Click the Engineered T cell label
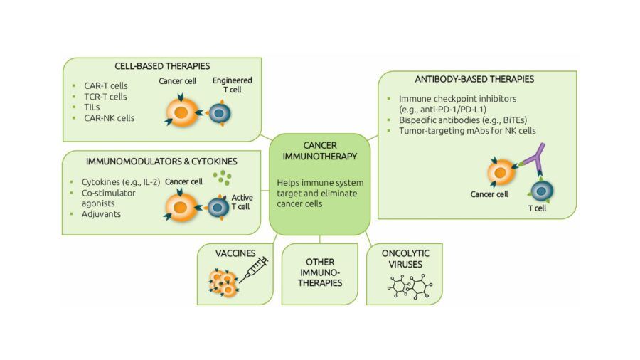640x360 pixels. (x=232, y=85)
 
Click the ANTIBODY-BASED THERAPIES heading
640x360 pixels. (x=474, y=79)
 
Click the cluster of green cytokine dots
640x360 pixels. (x=225, y=178)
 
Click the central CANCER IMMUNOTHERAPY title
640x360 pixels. (x=319, y=150)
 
